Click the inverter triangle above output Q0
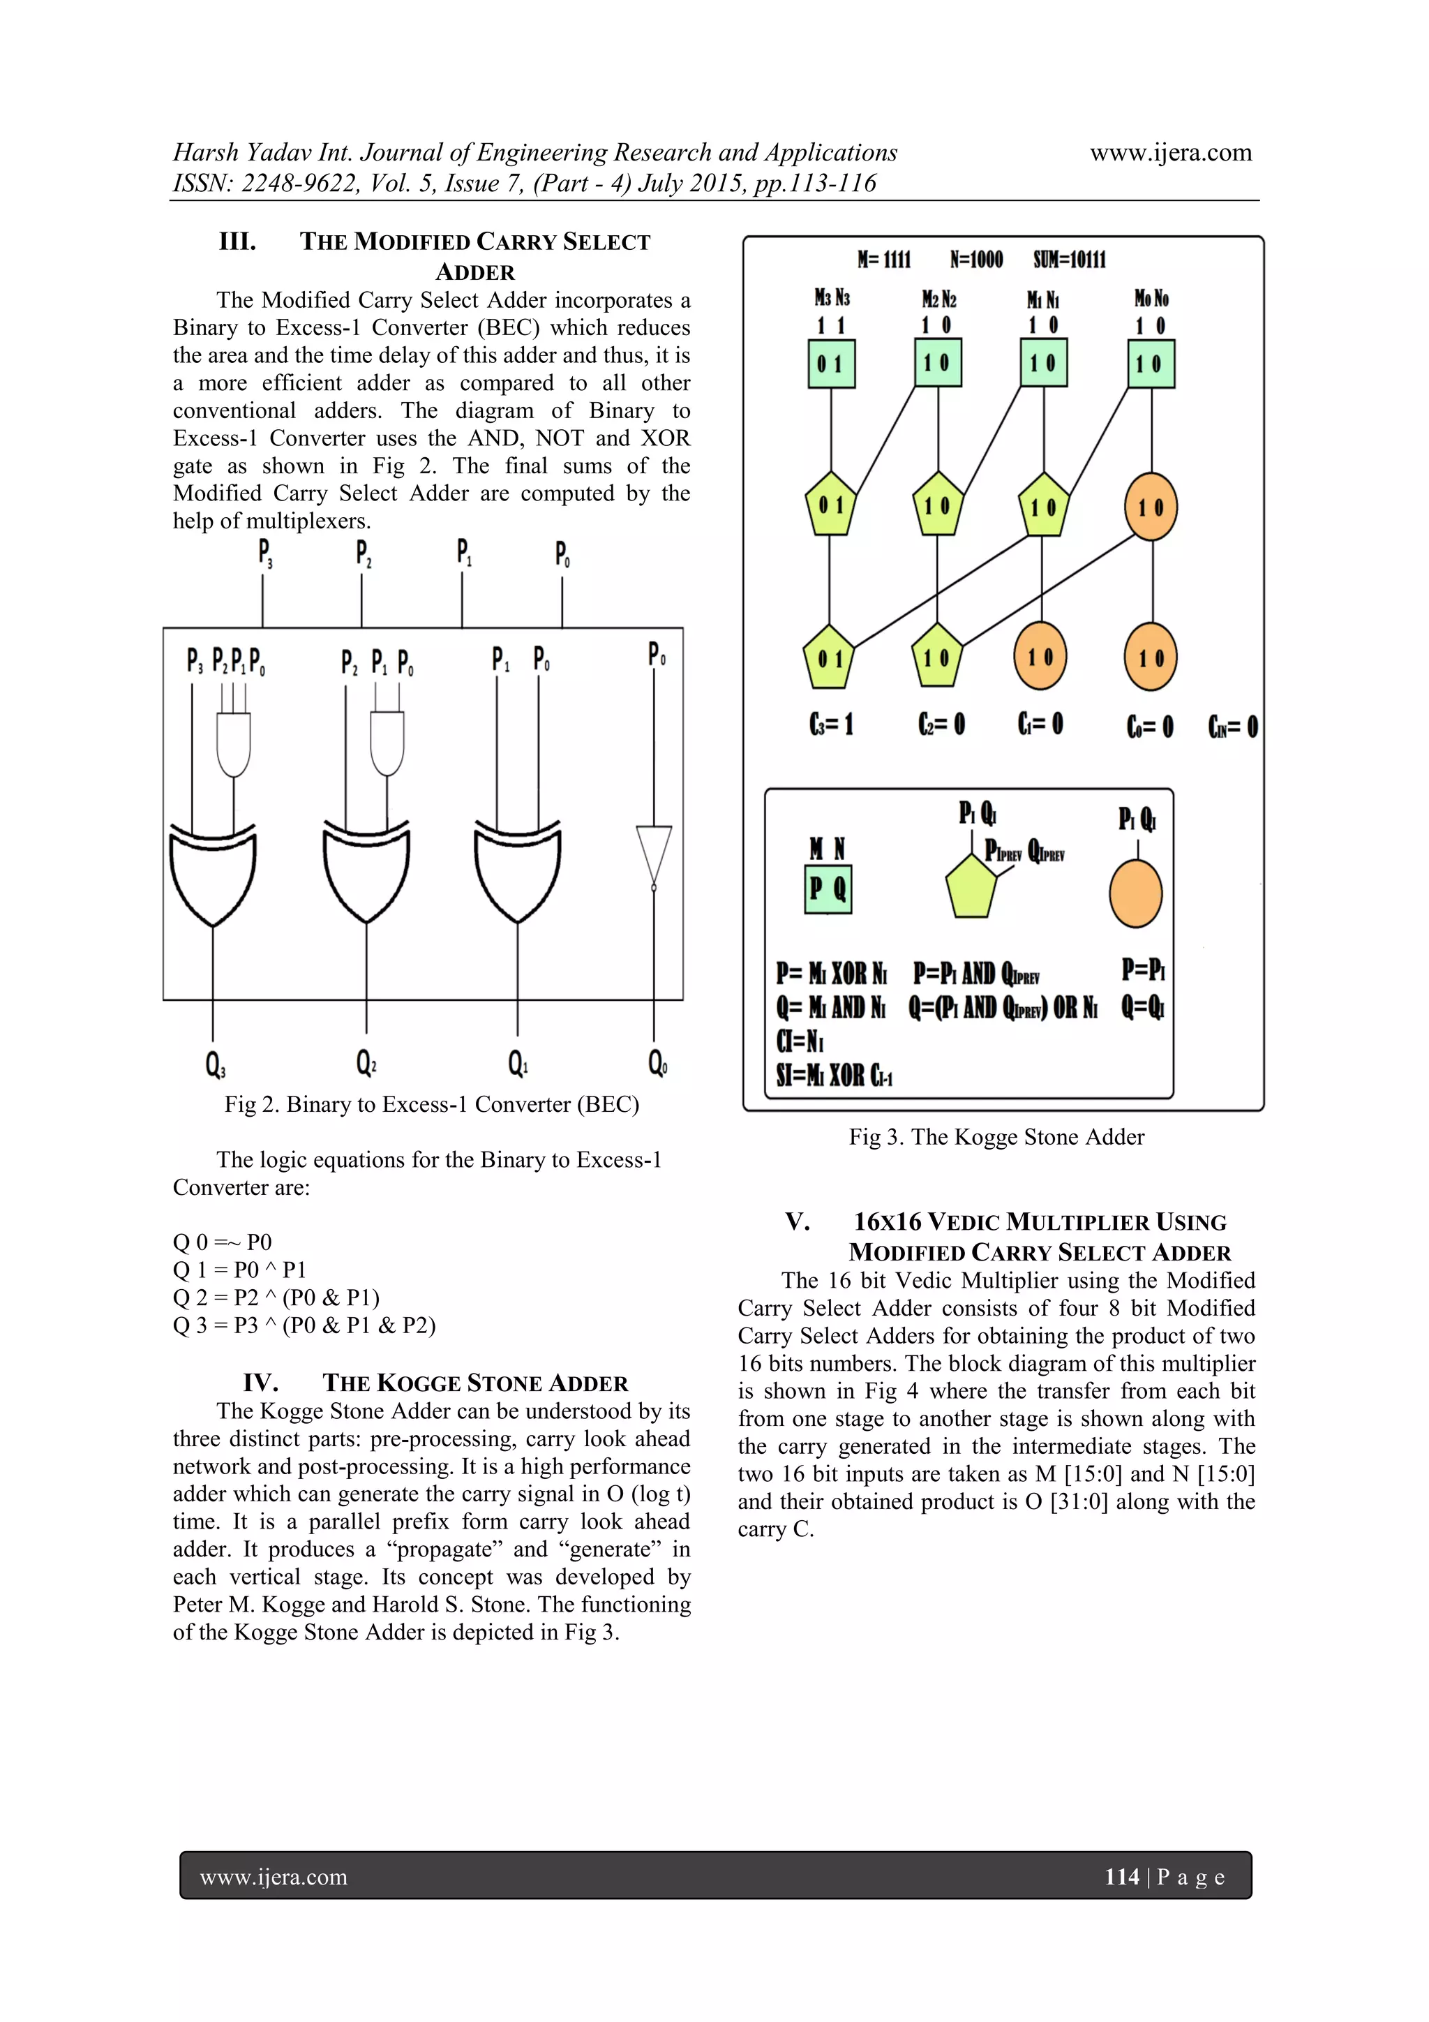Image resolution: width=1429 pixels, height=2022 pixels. (x=653, y=854)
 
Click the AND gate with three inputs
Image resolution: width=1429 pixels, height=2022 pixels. (x=233, y=744)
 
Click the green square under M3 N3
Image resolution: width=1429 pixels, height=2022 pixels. (x=831, y=364)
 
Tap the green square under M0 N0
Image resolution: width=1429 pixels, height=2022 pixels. (x=1151, y=364)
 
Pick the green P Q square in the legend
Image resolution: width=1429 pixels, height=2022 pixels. (x=828, y=889)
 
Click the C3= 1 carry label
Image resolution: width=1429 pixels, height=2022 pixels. (x=831, y=724)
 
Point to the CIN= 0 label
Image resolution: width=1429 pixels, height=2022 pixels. (x=1233, y=727)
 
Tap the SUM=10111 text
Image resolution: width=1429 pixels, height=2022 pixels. (x=1070, y=260)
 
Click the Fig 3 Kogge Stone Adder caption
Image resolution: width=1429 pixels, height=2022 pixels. (x=996, y=1137)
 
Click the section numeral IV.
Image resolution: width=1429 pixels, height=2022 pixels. (x=261, y=1383)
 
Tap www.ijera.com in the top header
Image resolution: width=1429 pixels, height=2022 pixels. (x=1170, y=152)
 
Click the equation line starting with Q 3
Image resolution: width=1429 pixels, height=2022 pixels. (x=304, y=1325)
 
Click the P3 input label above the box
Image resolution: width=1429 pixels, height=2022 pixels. (x=264, y=553)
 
